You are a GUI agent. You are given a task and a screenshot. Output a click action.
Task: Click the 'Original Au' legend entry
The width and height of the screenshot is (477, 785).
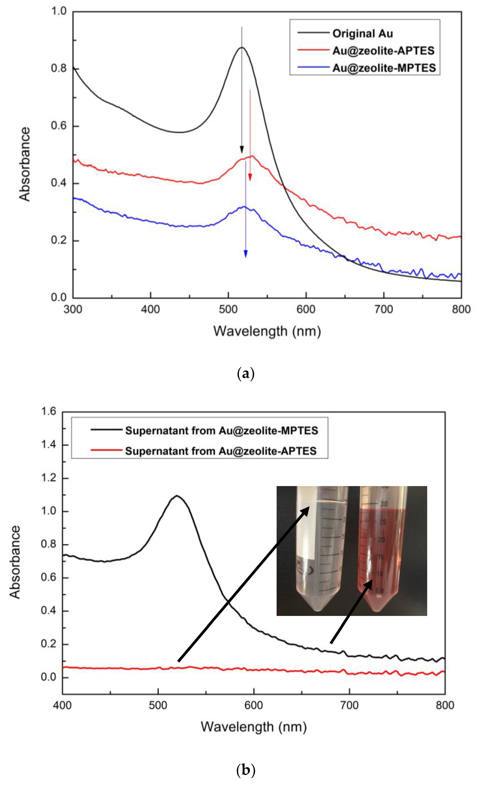click(362, 33)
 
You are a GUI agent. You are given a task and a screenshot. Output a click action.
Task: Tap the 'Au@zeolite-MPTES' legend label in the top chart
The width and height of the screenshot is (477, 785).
click(384, 68)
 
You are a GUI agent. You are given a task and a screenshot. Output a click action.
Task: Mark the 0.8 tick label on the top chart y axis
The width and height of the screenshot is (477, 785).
click(59, 68)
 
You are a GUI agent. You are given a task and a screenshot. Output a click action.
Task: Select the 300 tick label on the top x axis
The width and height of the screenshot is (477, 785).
click(73, 309)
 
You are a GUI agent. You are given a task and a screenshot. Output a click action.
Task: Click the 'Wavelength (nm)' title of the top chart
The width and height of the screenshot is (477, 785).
click(267, 331)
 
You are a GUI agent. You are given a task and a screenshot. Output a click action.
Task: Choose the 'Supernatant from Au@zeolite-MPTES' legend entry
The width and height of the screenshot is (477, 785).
click(221, 431)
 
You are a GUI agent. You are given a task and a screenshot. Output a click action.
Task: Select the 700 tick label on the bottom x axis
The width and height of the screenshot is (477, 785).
click(349, 705)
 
